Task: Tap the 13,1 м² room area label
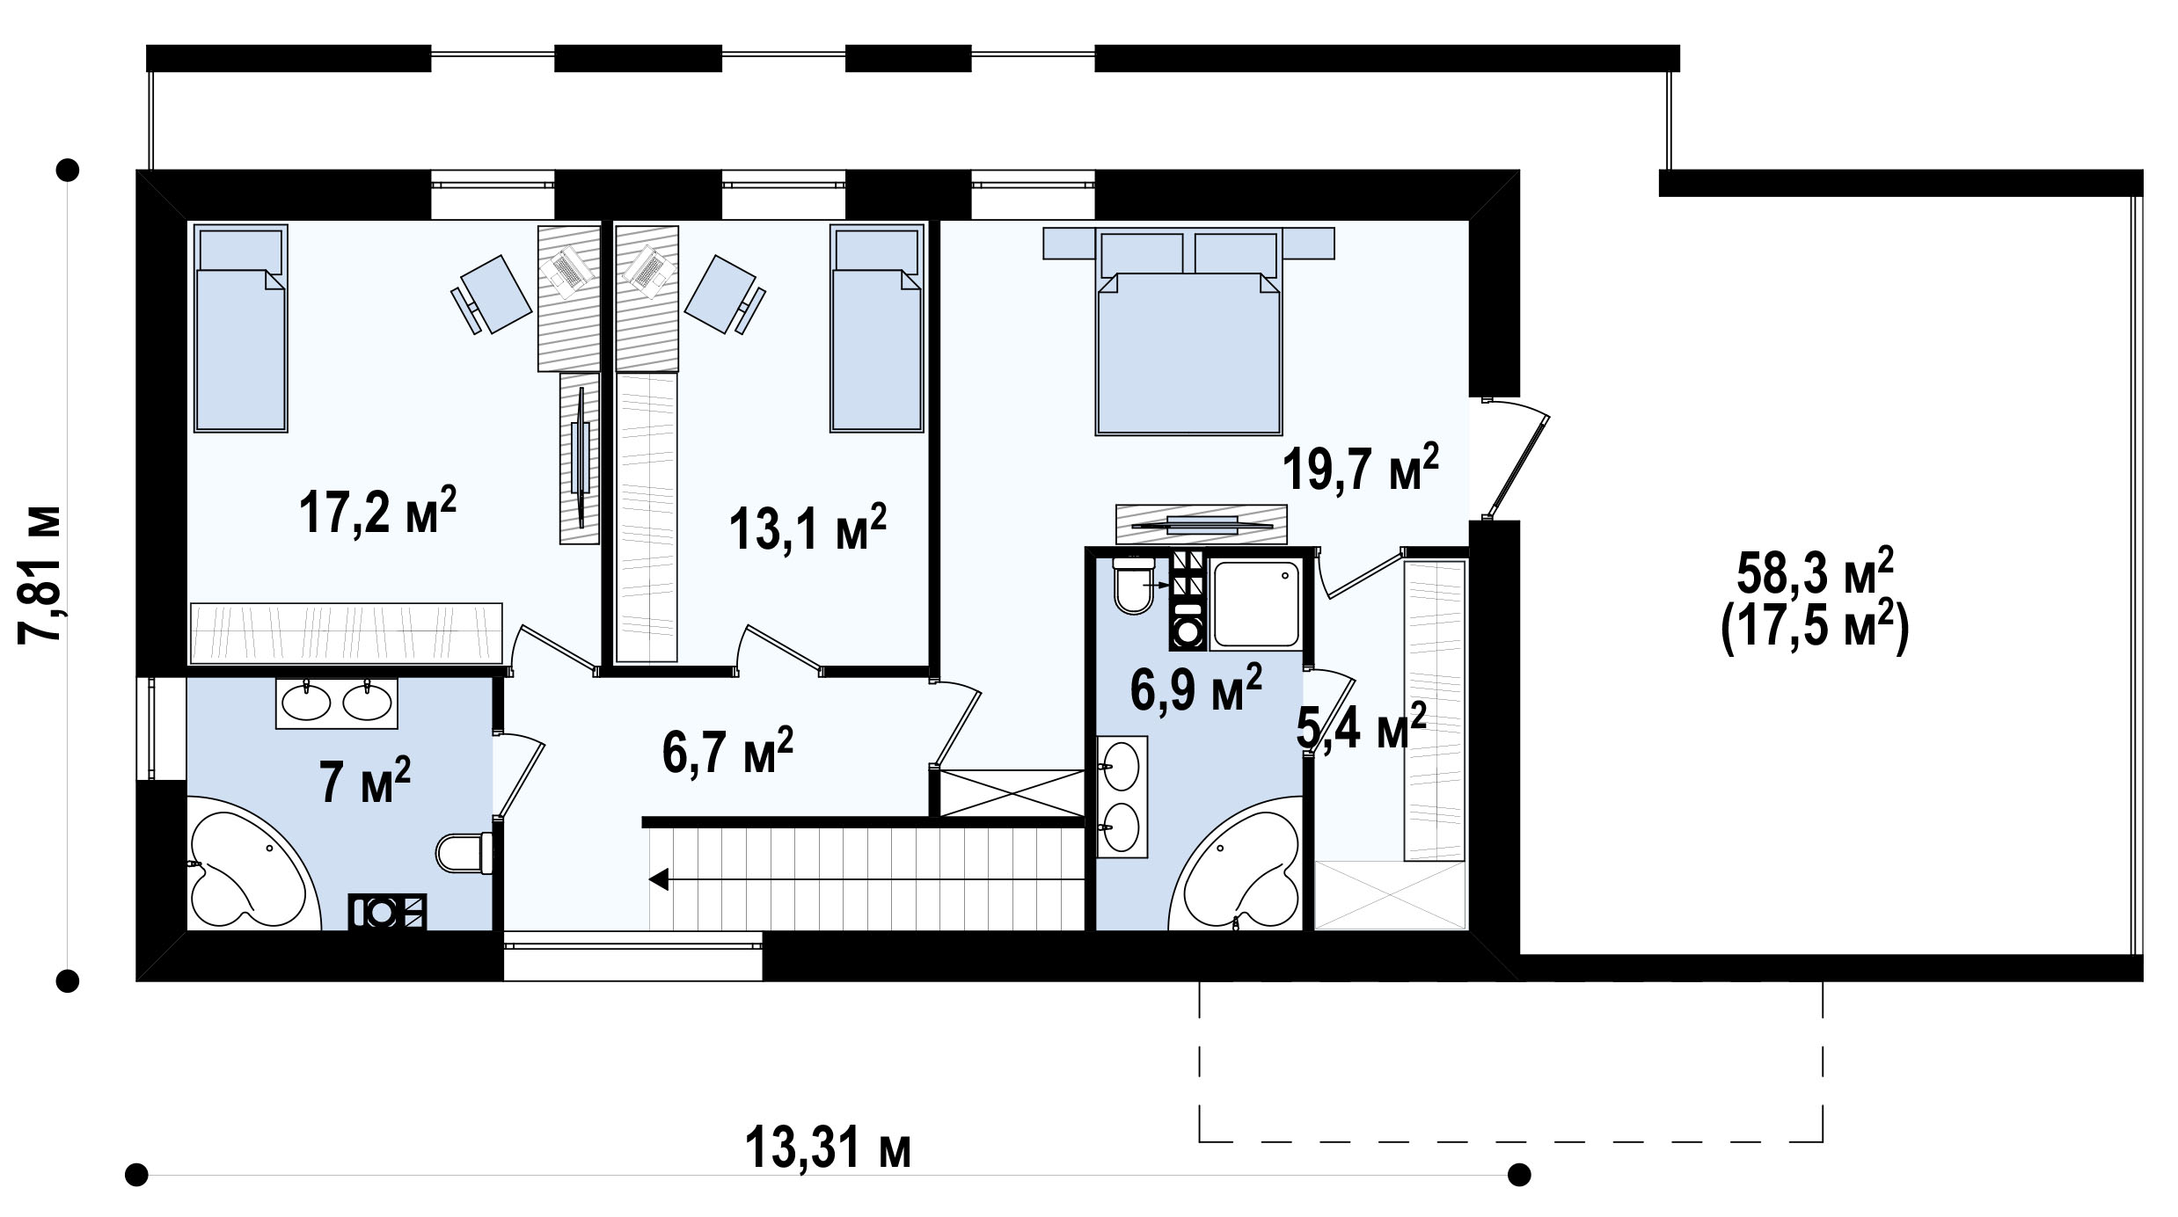coord(807,527)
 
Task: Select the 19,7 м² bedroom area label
coord(1361,466)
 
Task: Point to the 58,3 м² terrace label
coord(1814,573)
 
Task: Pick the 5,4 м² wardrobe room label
coord(1361,726)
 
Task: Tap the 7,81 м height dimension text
coord(40,574)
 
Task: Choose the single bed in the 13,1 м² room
coord(877,329)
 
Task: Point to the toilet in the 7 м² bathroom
coord(464,853)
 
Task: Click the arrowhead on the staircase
coord(659,878)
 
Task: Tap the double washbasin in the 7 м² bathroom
coord(336,703)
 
